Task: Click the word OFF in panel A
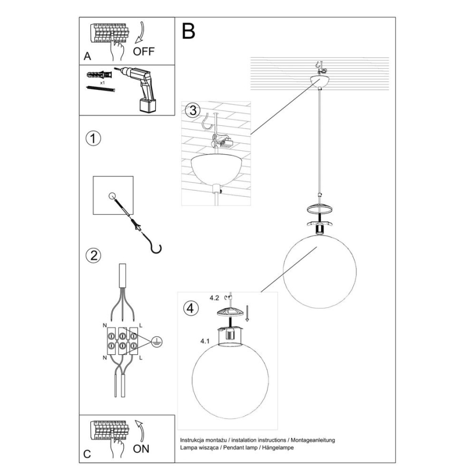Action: click(x=144, y=52)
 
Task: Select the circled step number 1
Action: click(x=94, y=138)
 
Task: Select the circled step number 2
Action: click(x=94, y=256)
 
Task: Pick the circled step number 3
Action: click(x=191, y=111)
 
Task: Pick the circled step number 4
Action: click(x=190, y=308)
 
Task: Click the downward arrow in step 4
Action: click(x=247, y=314)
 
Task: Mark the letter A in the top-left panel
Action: click(x=87, y=56)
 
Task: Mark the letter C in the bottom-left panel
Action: click(x=87, y=453)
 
